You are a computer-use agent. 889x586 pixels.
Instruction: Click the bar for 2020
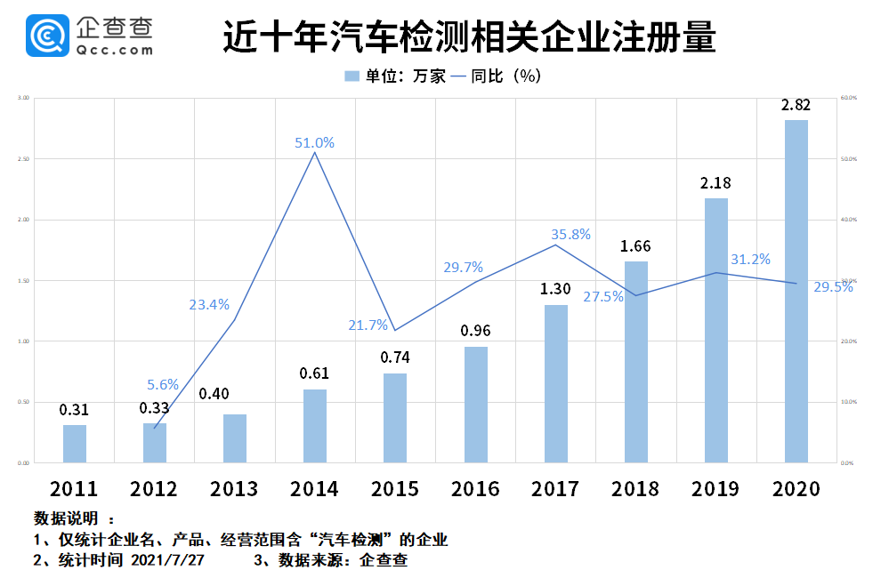796,291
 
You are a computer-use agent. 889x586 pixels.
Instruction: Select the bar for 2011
75,444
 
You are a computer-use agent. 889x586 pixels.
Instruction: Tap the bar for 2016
476,405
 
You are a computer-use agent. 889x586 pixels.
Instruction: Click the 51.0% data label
315,142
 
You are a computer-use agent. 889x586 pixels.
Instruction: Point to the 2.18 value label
715,183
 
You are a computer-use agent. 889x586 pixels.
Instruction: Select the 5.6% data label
163,385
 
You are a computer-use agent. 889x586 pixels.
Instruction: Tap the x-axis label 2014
315,489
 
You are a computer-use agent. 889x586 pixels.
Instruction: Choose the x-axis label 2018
635,489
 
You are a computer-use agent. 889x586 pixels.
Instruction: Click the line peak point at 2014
315,153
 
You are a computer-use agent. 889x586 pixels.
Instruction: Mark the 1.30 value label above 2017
556,289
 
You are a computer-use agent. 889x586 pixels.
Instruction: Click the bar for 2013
235,438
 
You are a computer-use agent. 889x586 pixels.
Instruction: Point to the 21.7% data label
368,325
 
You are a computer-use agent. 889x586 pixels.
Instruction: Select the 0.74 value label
395,357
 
